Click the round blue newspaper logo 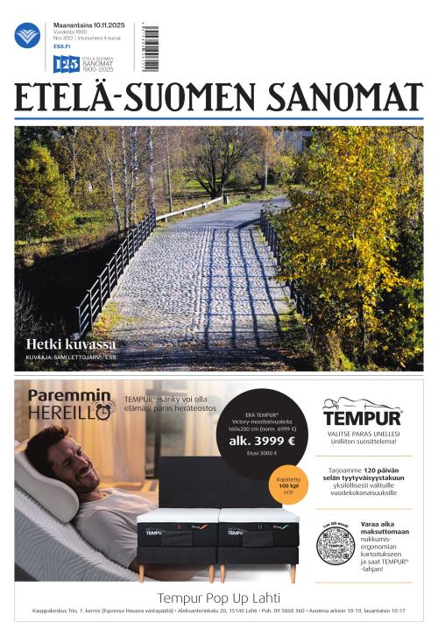(27, 34)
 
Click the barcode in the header (152, 48)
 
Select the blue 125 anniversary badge (66, 63)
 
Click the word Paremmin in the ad (61, 395)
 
